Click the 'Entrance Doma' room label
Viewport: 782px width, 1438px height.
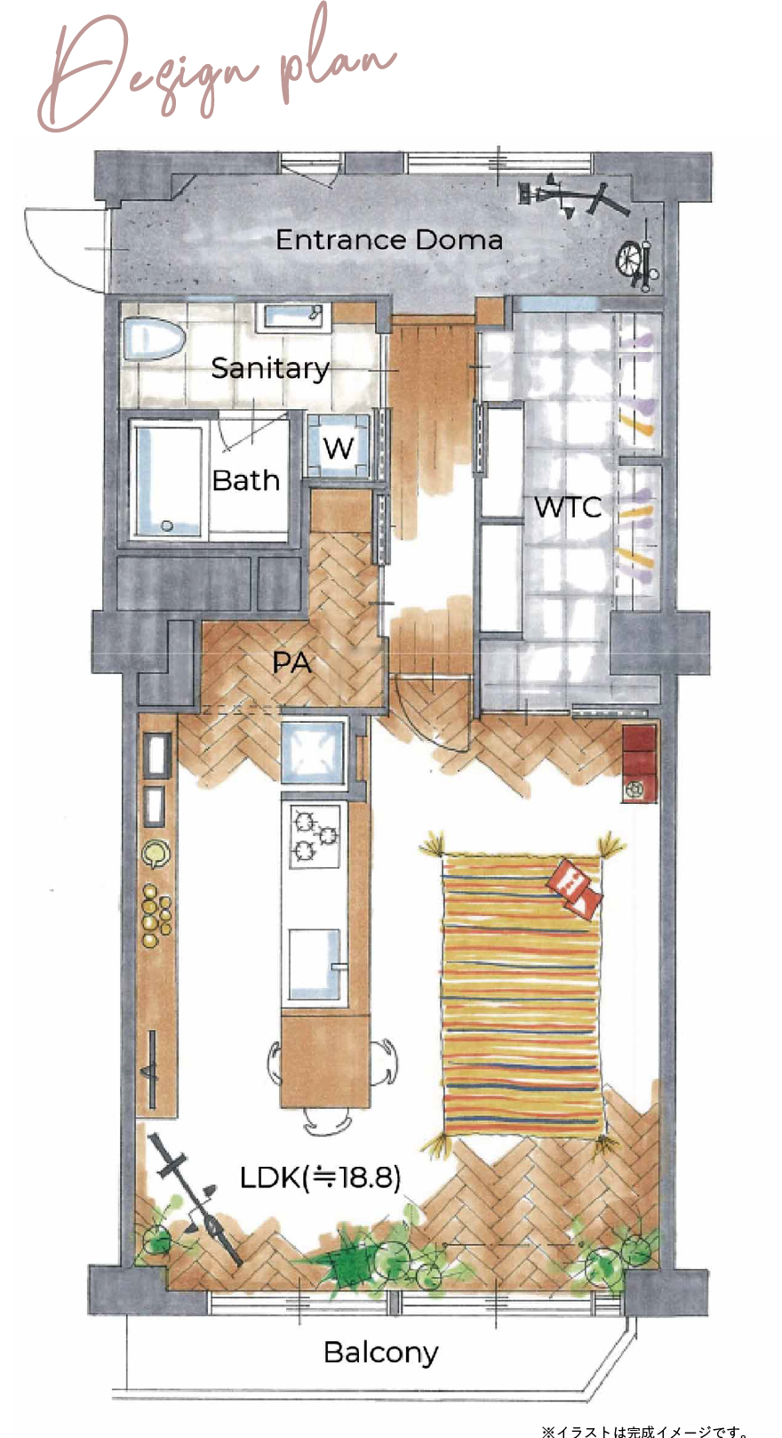pos(388,239)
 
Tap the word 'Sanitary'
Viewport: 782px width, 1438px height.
pos(270,368)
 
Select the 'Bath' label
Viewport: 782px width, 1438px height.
pos(245,480)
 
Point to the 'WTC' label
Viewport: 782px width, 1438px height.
pos(568,507)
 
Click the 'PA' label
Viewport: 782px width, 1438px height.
pos(291,662)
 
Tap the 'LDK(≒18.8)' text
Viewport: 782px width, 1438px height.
pos(320,1177)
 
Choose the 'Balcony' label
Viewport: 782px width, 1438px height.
pos(380,1352)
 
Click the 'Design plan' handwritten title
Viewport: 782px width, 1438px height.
pos(218,70)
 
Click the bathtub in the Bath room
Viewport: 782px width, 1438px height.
pos(167,478)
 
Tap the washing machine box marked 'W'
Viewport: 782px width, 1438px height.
pos(338,446)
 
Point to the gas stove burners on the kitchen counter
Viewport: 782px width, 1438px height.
pos(315,834)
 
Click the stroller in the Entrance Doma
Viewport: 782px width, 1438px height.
pos(637,257)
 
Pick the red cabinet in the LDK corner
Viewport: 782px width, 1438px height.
pos(640,763)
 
